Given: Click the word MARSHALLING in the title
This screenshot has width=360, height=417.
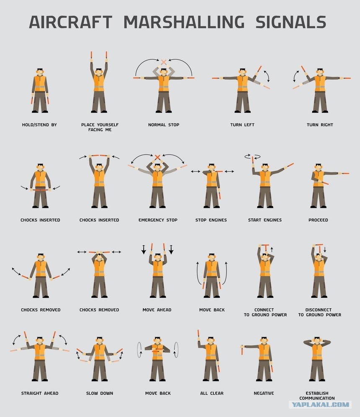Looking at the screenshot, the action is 184,22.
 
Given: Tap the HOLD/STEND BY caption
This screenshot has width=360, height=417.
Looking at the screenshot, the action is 39,125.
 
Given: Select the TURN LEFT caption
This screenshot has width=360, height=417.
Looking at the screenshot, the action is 242,125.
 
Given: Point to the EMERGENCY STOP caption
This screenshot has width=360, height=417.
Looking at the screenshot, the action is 158,220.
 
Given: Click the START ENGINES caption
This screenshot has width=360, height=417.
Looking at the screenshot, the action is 265,220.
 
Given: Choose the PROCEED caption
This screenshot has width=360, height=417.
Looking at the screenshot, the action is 318,220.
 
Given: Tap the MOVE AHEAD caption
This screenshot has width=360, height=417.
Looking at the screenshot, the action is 157,310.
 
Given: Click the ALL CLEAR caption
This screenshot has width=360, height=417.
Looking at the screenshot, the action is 212,393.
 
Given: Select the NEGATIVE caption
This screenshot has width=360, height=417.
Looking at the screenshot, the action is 264,393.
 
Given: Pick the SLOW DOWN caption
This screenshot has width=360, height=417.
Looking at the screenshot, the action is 100,393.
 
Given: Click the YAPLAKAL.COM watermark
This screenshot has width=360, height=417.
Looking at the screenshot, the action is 320,405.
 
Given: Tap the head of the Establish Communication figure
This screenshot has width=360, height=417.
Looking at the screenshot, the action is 317,340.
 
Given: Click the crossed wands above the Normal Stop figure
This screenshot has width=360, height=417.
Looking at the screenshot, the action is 164,62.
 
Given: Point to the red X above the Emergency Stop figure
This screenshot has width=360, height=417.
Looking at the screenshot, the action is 157,157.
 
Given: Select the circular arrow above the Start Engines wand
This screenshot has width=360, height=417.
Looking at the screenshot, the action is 252,156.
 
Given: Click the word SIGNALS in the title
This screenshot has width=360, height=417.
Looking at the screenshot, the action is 291,22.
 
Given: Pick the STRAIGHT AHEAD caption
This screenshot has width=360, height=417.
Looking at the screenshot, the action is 40,393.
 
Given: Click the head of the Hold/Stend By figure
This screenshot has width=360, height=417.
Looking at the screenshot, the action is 40,72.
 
